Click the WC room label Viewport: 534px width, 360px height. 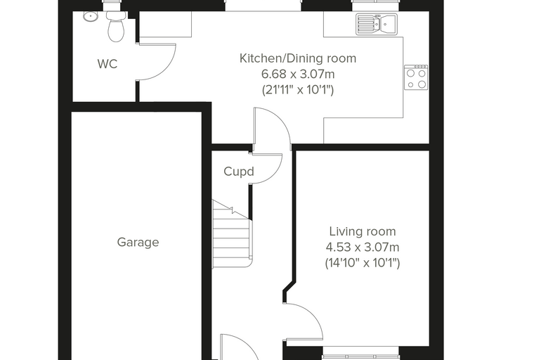tap(108, 64)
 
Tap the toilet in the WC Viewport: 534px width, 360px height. tap(116, 27)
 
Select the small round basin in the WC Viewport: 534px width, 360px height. tap(90, 15)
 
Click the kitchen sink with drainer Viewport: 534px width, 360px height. tap(377, 24)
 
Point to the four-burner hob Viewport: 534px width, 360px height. tap(416, 77)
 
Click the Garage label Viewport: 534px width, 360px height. tap(138, 243)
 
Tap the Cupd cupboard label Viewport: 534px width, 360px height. tap(239, 171)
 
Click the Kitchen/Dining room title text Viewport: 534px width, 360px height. tap(298, 58)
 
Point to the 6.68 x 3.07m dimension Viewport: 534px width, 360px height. tap(298, 74)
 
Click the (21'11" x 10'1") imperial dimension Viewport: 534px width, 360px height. tap(298, 90)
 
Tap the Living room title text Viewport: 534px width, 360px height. tap(363, 231)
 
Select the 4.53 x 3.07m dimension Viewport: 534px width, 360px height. tap(363, 247)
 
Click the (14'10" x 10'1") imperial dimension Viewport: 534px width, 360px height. tap(363, 263)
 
